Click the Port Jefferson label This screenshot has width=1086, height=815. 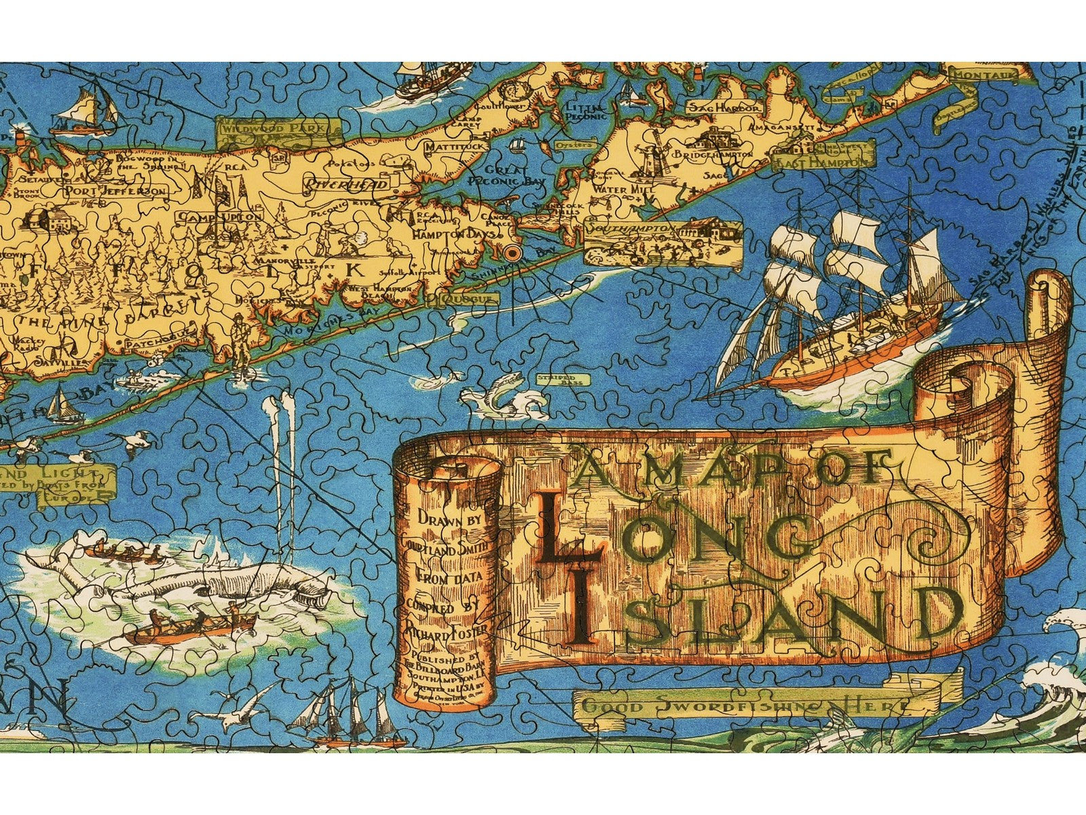115,191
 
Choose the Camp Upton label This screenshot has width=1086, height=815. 220,216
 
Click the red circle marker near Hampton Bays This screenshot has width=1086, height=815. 512,253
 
